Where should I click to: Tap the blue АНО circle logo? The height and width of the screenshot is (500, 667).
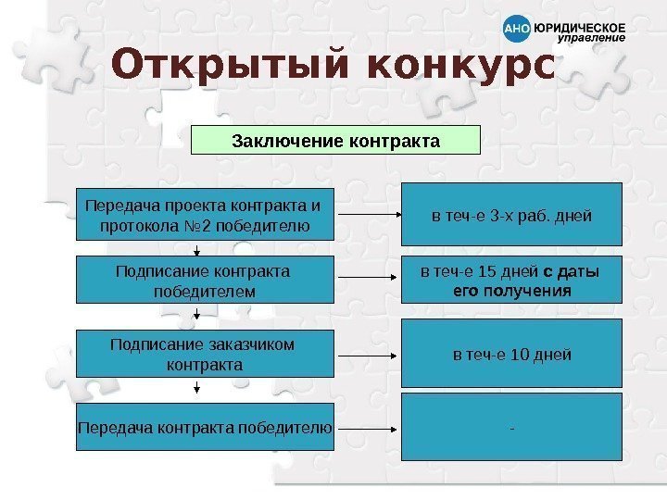[517, 31]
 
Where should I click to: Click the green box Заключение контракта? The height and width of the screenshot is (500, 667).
[335, 141]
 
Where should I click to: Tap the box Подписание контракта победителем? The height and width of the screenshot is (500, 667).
[204, 281]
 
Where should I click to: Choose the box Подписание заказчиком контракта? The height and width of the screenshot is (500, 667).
[204, 354]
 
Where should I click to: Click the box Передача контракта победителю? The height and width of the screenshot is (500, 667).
[204, 427]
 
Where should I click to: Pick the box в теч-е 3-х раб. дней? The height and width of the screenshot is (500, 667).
[511, 216]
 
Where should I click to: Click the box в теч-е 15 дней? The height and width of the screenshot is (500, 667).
[511, 281]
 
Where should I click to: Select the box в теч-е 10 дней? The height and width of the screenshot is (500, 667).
[511, 354]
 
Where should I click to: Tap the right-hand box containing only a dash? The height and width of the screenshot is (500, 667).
[511, 427]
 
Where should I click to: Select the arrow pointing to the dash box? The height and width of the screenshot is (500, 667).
[367, 428]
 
